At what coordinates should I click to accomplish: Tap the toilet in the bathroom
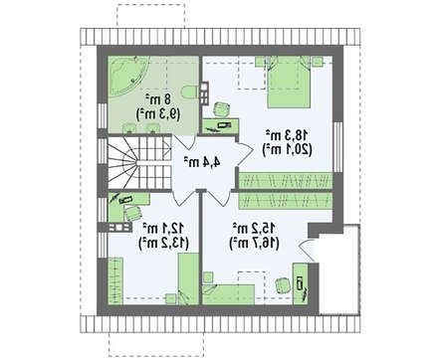[x=190, y=91]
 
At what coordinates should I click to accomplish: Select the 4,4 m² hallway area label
[x=202, y=162]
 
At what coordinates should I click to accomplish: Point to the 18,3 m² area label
[x=287, y=135]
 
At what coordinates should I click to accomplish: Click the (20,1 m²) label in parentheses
[x=287, y=149]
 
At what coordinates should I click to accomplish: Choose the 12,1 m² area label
[x=163, y=229]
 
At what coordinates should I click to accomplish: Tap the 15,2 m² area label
[x=254, y=229]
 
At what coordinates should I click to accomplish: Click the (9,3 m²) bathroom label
[x=158, y=113]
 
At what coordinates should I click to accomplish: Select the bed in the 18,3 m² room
[x=289, y=82]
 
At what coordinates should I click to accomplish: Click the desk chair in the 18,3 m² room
[x=222, y=109]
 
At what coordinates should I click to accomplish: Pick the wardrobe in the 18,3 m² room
[x=286, y=181]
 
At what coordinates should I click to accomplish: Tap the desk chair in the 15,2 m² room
[x=283, y=285]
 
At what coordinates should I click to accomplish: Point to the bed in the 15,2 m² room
[x=228, y=294]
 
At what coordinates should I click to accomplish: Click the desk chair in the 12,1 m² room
[x=133, y=214]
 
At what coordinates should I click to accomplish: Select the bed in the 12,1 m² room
[x=188, y=278]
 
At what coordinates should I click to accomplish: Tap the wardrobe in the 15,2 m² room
[x=286, y=201]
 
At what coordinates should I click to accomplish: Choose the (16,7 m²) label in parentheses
[x=254, y=244]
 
